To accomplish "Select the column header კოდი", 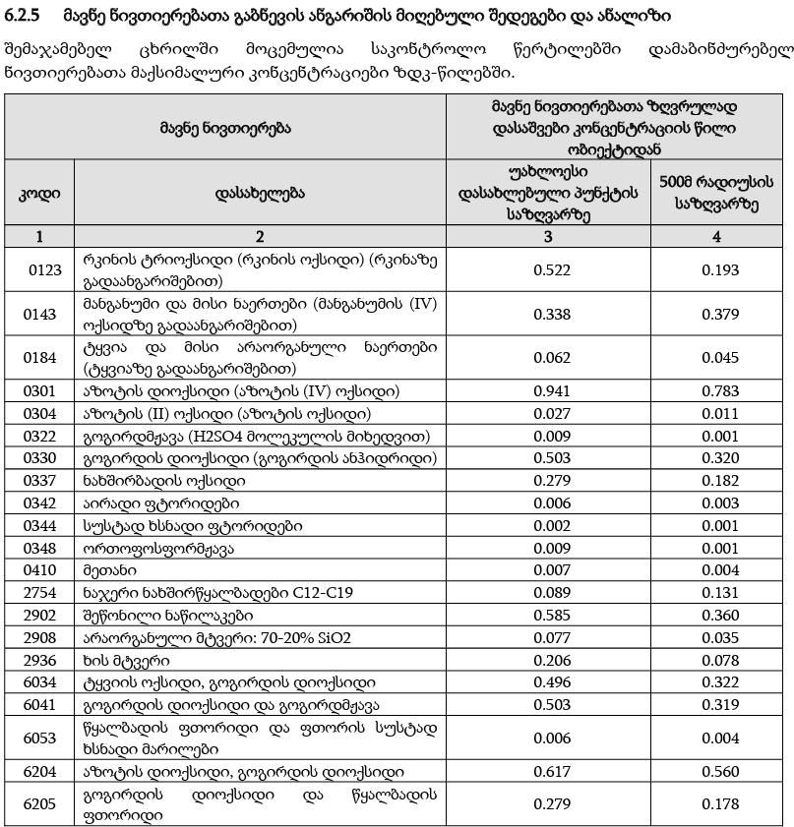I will [40, 193].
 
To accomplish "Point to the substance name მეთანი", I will [109, 569].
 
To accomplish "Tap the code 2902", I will [40, 615].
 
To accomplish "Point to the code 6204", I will [40, 772].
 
